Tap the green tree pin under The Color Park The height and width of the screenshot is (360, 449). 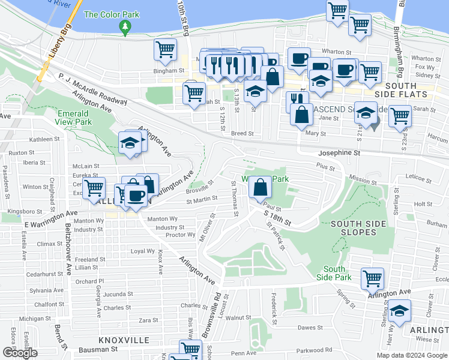(125, 26)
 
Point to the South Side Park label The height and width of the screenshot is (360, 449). (334, 273)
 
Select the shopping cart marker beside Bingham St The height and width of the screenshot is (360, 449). (164, 49)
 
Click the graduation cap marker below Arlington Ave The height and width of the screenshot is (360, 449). (399, 311)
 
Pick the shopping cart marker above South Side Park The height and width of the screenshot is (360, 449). (372, 278)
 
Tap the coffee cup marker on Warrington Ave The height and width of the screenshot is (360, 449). (136, 196)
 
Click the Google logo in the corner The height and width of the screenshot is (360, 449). (20, 353)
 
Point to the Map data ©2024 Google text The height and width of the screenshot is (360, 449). (411, 355)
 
